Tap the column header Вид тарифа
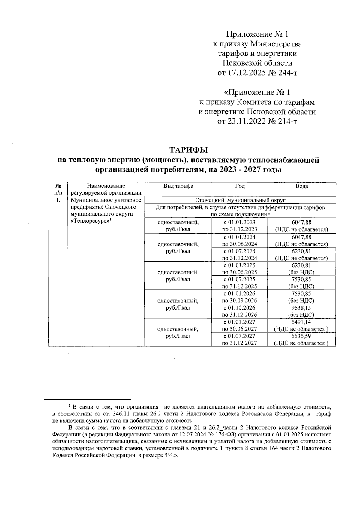pyautogui.click(x=178, y=186)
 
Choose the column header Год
pyautogui.click(x=239, y=186)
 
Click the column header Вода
pyautogui.click(x=301, y=186)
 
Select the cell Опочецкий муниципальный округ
pyautogui.click(x=240, y=200)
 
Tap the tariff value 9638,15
pyautogui.click(x=301, y=308)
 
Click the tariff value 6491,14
pyautogui.click(x=301, y=322)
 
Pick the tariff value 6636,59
pyautogui.click(x=301, y=336)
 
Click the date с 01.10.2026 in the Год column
pyautogui.click(x=239, y=308)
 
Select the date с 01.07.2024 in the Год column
pyautogui.click(x=239, y=251)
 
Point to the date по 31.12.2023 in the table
pyautogui.click(x=239, y=230)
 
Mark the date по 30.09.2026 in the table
pyautogui.click(x=239, y=301)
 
